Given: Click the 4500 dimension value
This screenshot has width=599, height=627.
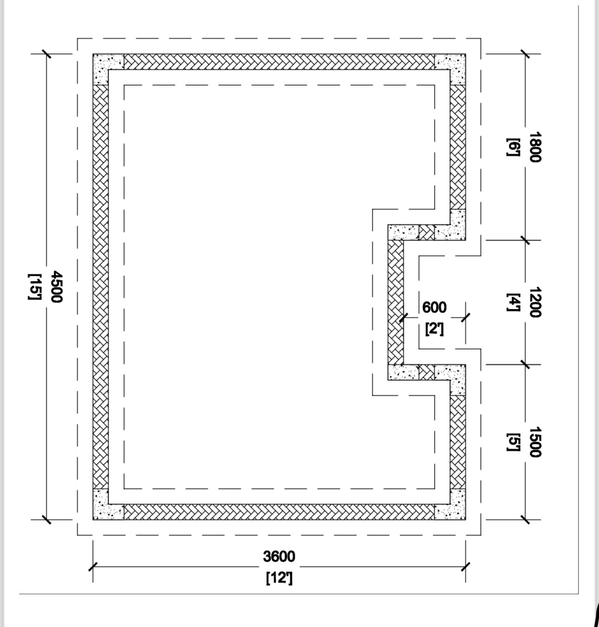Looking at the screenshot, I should (x=56, y=287).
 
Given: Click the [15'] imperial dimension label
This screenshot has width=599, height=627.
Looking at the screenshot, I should (x=35, y=287).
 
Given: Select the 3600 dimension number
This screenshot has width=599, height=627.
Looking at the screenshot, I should (x=279, y=556).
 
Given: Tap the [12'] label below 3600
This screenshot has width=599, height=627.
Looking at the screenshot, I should (x=279, y=578).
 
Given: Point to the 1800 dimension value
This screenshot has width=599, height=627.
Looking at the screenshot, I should (x=535, y=147).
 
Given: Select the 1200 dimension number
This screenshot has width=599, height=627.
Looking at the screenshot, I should (x=535, y=302).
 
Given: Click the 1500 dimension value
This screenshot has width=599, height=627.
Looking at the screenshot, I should (x=535, y=442).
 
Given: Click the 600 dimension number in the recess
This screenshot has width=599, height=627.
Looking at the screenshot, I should (x=435, y=307).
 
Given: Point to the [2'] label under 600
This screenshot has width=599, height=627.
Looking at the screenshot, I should (x=435, y=329).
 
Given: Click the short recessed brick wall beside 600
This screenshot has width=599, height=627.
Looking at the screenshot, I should (x=396, y=302).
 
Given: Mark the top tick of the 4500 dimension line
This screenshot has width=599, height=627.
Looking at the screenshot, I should (x=46, y=54).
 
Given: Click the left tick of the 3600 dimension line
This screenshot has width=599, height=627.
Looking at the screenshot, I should (x=93, y=566).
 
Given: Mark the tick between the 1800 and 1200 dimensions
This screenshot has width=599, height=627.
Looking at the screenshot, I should (x=525, y=240).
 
